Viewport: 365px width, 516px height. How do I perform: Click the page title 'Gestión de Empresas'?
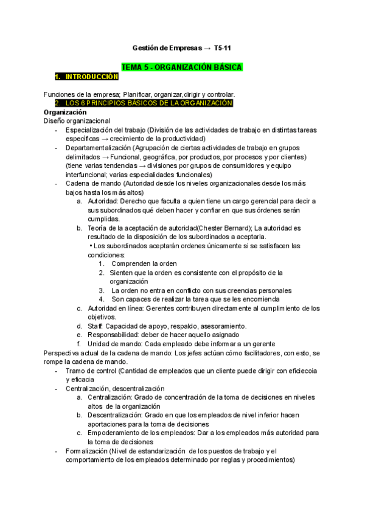point(167,47)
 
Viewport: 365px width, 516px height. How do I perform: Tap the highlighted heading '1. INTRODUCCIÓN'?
point(86,77)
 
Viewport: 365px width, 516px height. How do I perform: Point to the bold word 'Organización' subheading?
point(65,113)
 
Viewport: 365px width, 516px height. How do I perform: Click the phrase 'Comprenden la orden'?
point(144,263)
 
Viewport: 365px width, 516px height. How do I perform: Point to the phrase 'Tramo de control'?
point(90,370)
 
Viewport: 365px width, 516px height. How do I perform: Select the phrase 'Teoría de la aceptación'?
point(127,228)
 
